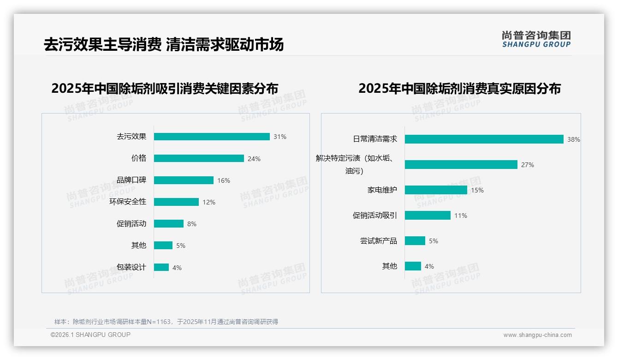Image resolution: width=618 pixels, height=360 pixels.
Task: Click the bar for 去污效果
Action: coord(212,137)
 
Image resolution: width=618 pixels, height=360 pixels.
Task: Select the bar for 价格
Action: coord(199,158)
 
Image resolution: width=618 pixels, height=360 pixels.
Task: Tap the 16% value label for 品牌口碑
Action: coord(224,180)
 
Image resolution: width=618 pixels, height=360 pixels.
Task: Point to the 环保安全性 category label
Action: coord(128,202)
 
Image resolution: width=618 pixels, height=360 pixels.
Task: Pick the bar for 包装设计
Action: coord(161,267)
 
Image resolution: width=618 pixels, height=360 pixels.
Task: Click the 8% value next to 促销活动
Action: coord(192,224)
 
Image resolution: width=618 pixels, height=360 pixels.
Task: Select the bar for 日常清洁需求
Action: coord(484,139)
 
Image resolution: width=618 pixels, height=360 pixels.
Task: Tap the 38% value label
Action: coord(574,139)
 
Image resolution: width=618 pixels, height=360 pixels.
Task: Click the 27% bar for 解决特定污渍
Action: coord(461,165)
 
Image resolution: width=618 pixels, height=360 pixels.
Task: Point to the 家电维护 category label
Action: coord(382,190)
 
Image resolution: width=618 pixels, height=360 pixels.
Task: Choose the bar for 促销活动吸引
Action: coord(428,216)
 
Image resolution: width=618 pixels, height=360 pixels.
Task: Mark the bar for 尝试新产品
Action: coord(415,241)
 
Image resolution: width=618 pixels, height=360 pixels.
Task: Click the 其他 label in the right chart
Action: coord(389,266)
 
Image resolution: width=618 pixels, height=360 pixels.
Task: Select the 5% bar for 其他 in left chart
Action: coord(163,246)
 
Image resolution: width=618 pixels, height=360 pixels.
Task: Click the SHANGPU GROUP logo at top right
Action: coord(536,39)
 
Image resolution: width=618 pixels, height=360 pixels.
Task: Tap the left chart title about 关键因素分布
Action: coord(165,89)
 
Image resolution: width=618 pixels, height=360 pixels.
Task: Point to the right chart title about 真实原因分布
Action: coord(459,89)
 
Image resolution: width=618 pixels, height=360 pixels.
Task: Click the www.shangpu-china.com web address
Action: coord(537,335)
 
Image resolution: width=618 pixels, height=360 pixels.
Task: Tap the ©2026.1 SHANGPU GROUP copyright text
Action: coord(90,335)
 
